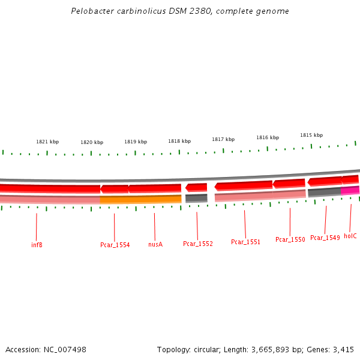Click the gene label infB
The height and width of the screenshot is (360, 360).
37,245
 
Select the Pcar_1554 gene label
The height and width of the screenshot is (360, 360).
115,245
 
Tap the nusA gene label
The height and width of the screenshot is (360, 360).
155,244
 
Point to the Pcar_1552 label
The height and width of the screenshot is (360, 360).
198,244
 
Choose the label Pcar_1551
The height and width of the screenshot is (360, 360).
245,242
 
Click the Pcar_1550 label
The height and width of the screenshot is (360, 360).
290,239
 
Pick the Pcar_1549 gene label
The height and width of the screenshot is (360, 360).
325,238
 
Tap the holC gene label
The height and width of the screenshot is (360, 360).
350,236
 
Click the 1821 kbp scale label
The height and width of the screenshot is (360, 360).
47,142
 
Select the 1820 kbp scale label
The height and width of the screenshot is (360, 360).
92,142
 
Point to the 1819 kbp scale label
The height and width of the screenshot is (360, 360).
136,142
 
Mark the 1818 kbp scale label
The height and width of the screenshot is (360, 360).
179,141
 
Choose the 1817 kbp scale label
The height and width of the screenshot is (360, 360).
223,139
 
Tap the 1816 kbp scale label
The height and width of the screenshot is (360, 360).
268,137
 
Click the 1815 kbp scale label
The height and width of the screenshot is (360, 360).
311,135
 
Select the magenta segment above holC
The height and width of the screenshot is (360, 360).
350,190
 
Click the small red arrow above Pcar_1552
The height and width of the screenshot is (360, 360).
196,187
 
